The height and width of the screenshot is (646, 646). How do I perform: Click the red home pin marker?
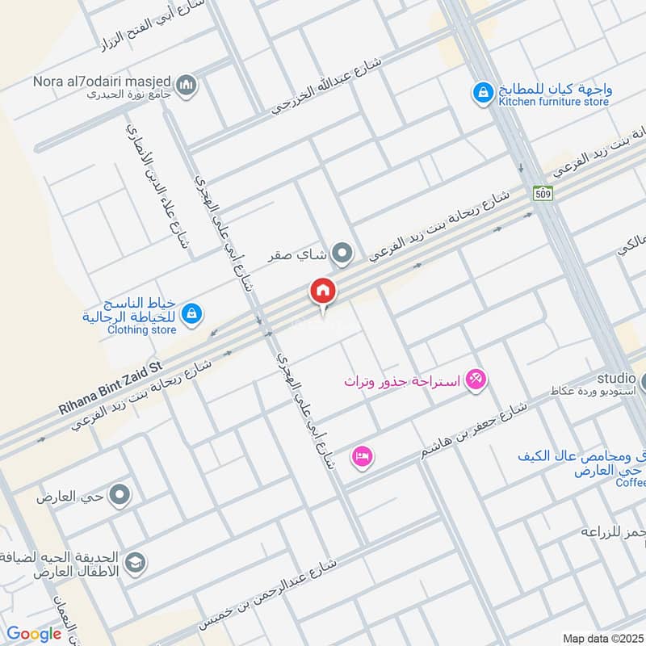pos(322,291)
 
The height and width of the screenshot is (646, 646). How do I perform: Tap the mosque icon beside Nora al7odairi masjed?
pos(187,85)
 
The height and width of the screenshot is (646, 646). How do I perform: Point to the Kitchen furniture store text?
pos(553,102)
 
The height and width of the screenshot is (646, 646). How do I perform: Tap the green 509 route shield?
pos(542,194)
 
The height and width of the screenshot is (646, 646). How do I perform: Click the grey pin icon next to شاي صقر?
pos(343,255)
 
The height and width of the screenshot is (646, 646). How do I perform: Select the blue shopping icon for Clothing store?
pos(191,313)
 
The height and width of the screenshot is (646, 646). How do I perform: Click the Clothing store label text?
pos(141,329)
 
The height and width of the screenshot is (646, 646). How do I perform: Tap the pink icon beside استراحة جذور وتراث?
pos(476,379)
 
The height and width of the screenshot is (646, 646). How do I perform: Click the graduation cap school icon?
pos(136,562)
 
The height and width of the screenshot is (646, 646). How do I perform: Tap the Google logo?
pos(34,634)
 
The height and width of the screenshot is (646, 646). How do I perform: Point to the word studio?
pos(617,378)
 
